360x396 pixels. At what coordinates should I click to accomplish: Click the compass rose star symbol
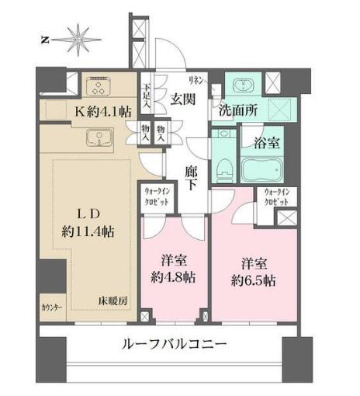click(x=78, y=40)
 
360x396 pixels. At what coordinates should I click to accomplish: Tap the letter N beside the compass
click(x=45, y=40)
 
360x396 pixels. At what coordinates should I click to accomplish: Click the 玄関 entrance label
click(x=183, y=99)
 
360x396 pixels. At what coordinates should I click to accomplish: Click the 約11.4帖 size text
click(x=88, y=231)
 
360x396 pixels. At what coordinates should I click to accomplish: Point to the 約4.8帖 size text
click(x=173, y=278)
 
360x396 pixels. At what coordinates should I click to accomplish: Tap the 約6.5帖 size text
click(x=253, y=280)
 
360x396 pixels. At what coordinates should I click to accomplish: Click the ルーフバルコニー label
click(x=175, y=344)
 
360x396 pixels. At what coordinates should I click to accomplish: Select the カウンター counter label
click(x=52, y=307)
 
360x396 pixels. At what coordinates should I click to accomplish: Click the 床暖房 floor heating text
click(x=112, y=301)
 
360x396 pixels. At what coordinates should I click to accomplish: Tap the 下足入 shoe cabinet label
click(x=147, y=96)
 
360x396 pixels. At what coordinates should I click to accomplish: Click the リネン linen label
click(x=196, y=81)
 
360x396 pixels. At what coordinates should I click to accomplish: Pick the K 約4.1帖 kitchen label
click(x=103, y=112)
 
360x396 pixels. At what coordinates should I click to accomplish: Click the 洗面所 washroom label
click(x=238, y=111)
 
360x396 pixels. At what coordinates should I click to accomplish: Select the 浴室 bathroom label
click(x=267, y=143)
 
